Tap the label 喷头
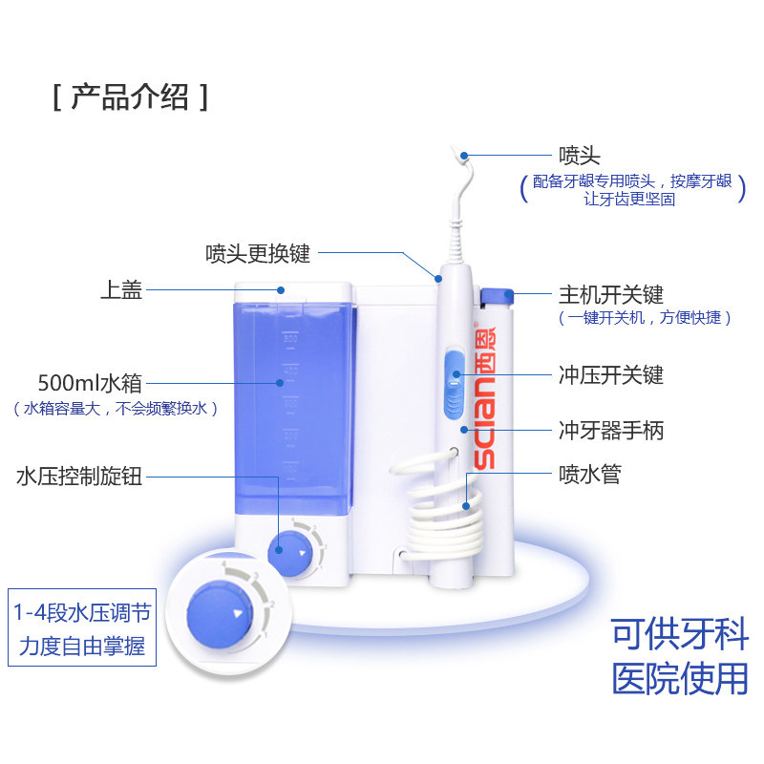pyautogui.click(x=579, y=155)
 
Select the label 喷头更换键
pyautogui.click(x=258, y=254)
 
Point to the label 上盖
pyautogui.click(x=121, y=290)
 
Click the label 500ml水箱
pyautogui.click(x=89, y=383)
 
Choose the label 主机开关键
pyautogui.click(x=610, y=295)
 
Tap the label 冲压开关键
pyautogui.click(x=610, y=374)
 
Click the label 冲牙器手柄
pyautogui.click(x=610, y=431)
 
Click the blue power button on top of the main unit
pyautogui.click(x=498, y=296)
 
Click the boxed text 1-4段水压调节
pyautogui.click(x=80, y=611)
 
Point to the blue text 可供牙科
pyautogui.click(x=680, y=635)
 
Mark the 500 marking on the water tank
pyautogui.click(x=290, y=338)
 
